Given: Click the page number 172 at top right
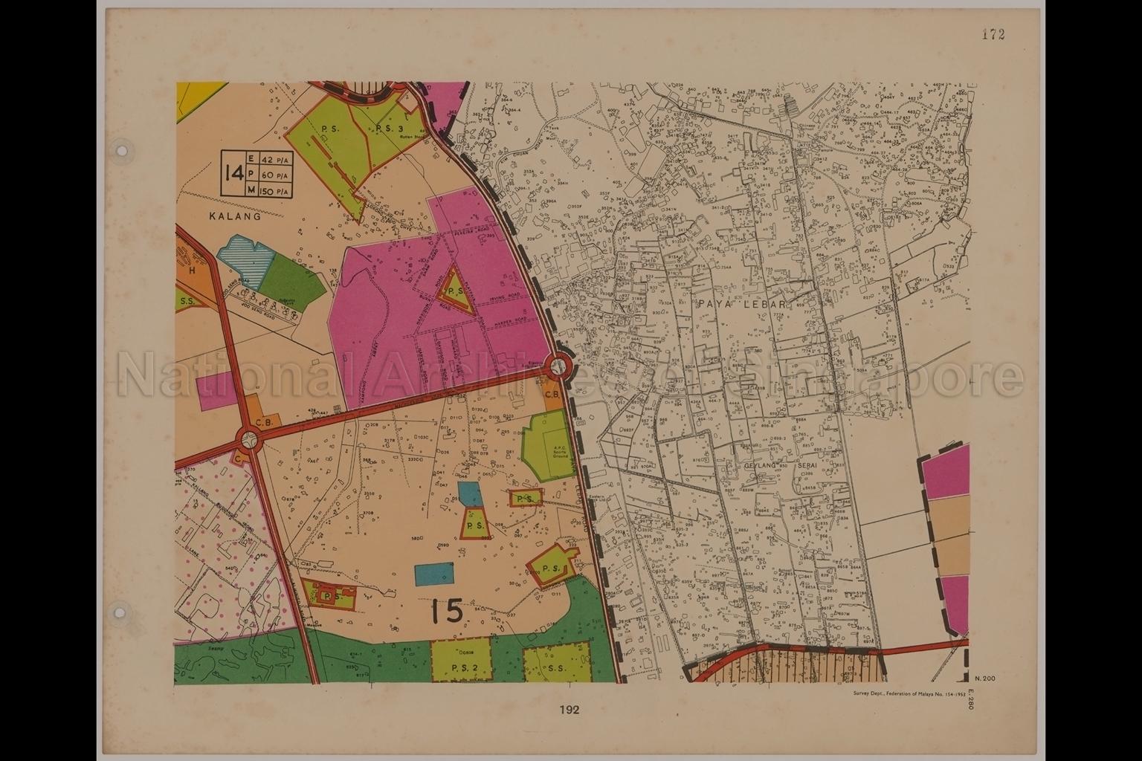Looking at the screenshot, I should pyautogui.click(x=993, y=34).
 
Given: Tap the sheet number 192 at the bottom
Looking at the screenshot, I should pyautogui.click(x=570, y=710).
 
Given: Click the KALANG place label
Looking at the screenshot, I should pyautogui.click(x=235, y=218).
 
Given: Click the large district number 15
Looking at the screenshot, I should pyautogui.click(x=446, y=611).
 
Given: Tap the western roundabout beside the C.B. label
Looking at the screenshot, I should pyautogui.click(x=248, y=441).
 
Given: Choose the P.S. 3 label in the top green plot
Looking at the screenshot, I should pyautogui.click(x=390, y=128).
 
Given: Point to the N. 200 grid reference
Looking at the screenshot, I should pyautogui.click(x=983, y=679).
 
